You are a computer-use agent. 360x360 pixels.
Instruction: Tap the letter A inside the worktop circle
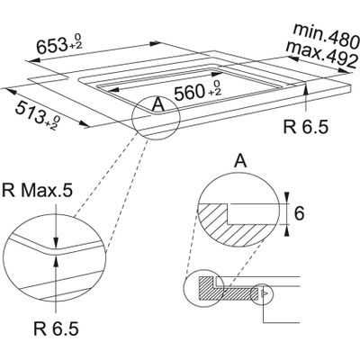tap(159, 105)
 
